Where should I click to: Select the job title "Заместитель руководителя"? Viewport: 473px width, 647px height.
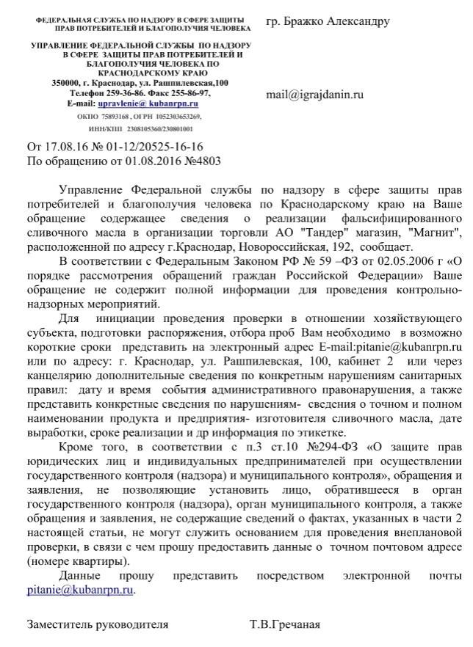98,624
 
